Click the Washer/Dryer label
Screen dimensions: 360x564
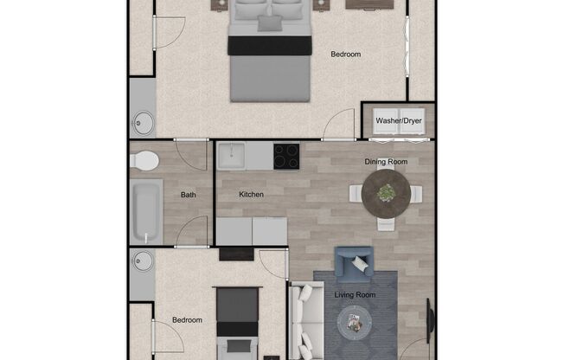pos(399,122)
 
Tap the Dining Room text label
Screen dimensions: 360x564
pos(386,162)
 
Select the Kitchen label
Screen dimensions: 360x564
pos(252,195)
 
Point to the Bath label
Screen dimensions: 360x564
pos(189,195)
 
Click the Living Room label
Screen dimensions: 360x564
pos(356,295)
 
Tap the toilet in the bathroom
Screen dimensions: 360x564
pos(144,160)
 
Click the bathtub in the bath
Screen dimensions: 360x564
pos(145,212)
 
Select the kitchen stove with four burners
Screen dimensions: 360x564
pos(286,157)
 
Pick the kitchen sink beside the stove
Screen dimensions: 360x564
pos(232,157)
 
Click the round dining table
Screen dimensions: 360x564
pos(386,193)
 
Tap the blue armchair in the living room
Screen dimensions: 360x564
pos(354,264)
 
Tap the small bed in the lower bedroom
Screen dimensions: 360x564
pos(237,325)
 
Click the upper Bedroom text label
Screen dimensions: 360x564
pos(346,55)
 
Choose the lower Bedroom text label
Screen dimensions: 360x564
pos(187,320)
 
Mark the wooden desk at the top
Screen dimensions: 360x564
pos(370,3)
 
